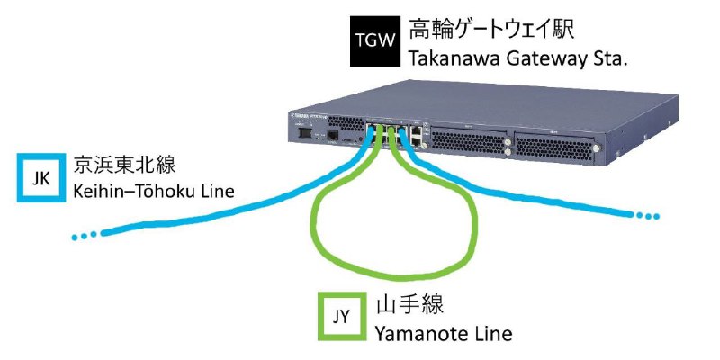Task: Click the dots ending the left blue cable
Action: click(x=85, y=236)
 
